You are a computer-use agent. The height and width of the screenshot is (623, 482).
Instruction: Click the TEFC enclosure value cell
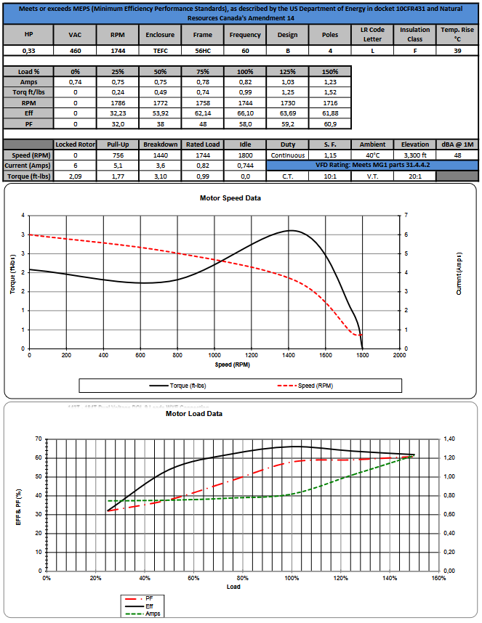point(159,52)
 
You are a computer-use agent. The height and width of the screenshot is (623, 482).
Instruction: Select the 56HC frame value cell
point(203,52)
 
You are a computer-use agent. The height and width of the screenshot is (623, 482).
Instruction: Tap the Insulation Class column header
point(415,35)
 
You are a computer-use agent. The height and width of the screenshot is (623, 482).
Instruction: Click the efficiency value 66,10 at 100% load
point(245,113)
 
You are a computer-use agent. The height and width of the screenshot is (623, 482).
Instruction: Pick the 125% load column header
point(287,73)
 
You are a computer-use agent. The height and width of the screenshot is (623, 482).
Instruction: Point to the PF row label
point(28,123)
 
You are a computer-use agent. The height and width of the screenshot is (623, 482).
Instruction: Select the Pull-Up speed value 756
point(116,155)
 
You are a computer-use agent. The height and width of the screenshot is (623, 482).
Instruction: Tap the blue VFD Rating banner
point(372,165)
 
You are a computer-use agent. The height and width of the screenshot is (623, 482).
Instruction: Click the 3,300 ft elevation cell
point(415,155)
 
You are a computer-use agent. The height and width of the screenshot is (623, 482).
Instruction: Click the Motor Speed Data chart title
point(230,198)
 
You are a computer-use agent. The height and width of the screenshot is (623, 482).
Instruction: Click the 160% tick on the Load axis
point(438,579)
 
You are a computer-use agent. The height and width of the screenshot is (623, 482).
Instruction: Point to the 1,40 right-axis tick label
point(449,439)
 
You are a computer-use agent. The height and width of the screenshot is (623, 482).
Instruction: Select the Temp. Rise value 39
point(457,52)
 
